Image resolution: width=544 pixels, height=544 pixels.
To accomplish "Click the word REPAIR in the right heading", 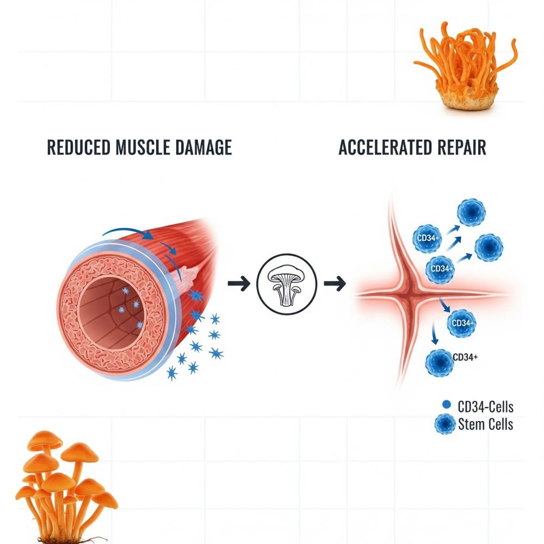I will [460, 147].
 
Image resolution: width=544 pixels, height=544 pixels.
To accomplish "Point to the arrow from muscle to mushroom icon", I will [238, 283].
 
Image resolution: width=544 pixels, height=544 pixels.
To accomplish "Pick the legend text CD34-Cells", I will [485, 406].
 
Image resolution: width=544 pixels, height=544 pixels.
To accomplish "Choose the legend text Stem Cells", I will [485, 424].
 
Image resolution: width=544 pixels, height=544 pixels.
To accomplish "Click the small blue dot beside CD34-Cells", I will [447, 405].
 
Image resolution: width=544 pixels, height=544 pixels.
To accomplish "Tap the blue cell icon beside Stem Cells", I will [446, 424].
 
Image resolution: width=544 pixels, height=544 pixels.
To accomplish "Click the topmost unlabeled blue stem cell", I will [470, 212].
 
